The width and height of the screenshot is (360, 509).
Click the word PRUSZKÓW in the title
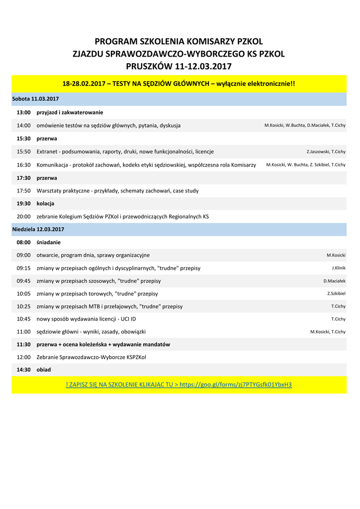(x=146, y=66)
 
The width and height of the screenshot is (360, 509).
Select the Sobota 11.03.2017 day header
(x=35, y=99)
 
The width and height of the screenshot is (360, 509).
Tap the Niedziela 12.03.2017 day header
(x=38, y=229)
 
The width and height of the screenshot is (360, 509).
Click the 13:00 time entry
(x=23, y=112)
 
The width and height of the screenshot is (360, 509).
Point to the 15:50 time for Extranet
(x=23, y=152)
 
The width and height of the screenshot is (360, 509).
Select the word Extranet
(x=47, y=152)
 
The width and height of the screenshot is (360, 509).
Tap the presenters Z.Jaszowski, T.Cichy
(x=326, y=152)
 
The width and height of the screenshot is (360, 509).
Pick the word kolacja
(x=45, y=203)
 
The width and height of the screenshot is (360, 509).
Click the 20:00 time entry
(x=23, y=217)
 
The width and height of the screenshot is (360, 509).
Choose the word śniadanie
(x=48, y=242)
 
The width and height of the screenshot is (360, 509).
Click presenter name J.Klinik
(x=339, y=268)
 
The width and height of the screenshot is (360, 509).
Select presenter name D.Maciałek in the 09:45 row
(x=334, y=281)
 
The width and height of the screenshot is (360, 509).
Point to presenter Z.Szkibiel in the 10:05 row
(x=336, y=293)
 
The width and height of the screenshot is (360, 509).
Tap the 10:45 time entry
(x=23, y=319)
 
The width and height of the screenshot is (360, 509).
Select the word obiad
(x=44, y=370)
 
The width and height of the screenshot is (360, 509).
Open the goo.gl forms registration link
(x=235, y=385)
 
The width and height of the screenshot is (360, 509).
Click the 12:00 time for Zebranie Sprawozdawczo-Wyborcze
(x=23, y=357)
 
